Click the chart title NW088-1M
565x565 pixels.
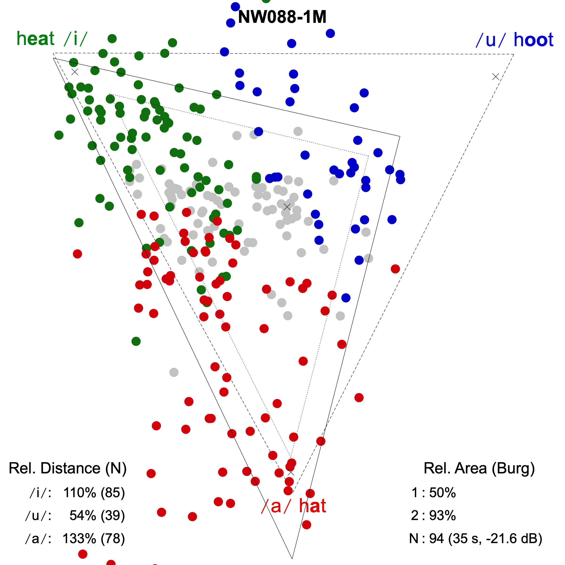(282, 17)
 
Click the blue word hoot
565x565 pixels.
(533, 40)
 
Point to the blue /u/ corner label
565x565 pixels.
(490, 40)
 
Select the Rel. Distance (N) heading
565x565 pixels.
(68, 468)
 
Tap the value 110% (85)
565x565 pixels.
(94, 493)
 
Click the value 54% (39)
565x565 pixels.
(97, 516)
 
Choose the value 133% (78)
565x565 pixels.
(94, 538)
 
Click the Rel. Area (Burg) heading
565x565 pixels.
(479, 468)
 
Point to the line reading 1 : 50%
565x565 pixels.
(433, 493)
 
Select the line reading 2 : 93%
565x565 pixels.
(433, 516)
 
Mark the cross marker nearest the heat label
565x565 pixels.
(75, 72)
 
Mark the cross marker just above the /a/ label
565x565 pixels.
(291, 472)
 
